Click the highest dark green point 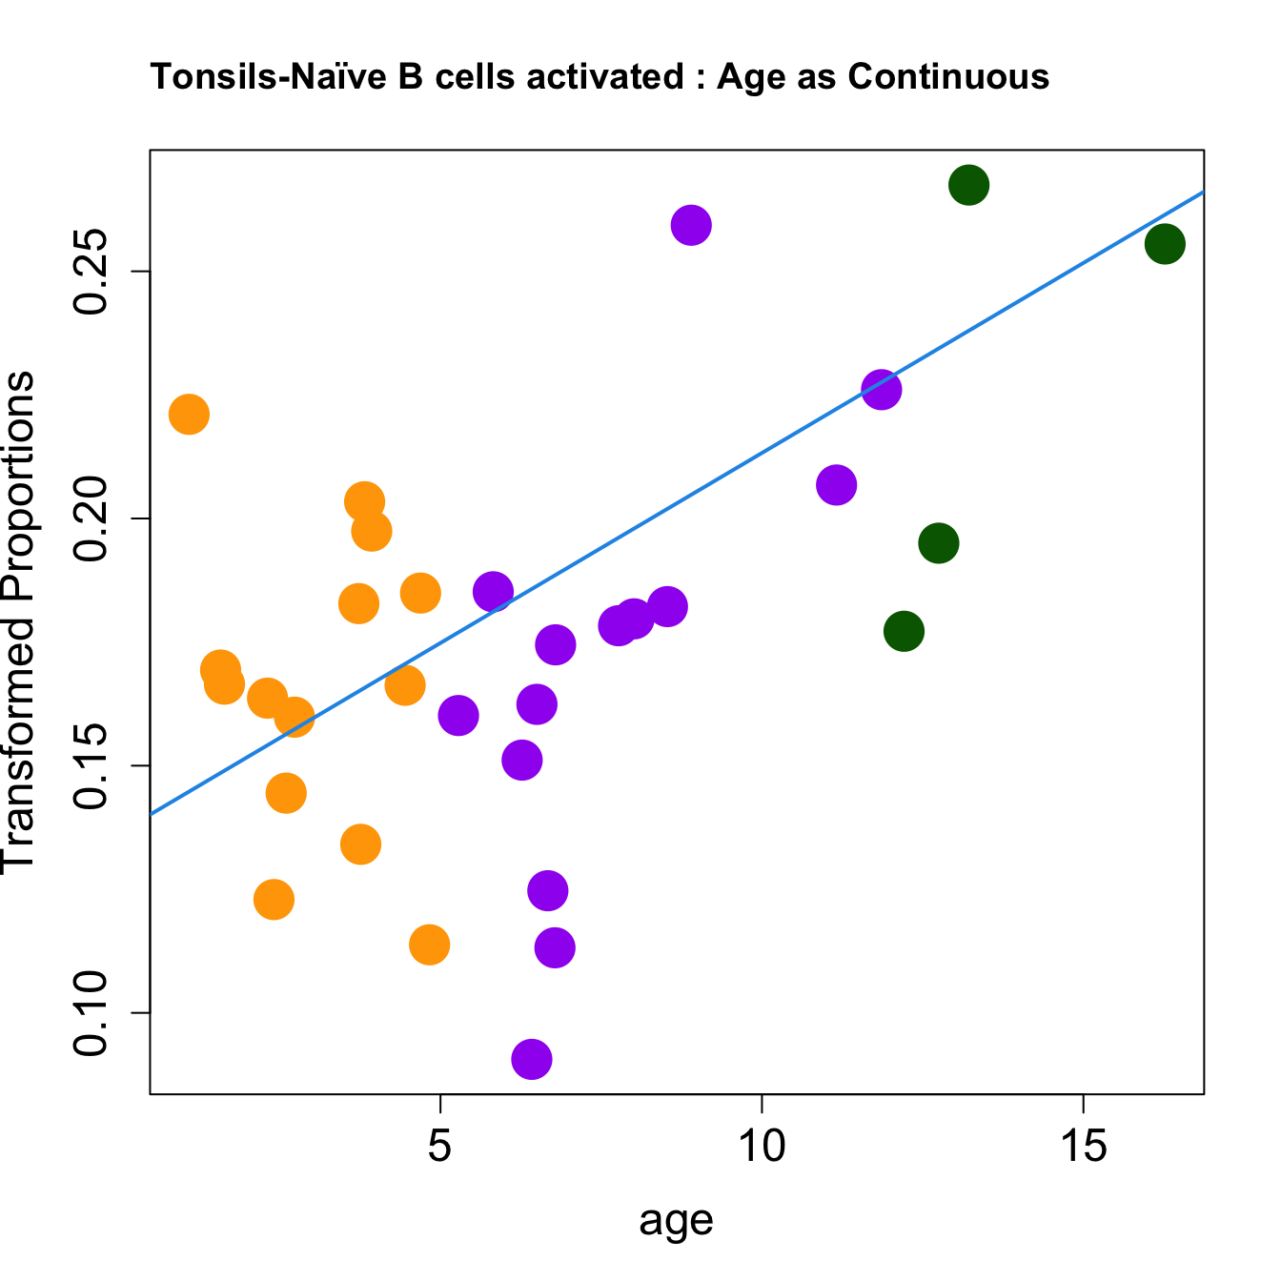[968, 185]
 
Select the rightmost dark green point [1165, 244]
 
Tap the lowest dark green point [904, 631]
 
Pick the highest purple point [691, 225]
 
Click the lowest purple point [532, 1059]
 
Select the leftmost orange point [189, 414]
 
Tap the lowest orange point [429, 945]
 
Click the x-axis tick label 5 [439, 1148]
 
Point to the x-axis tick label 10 [762, 1148]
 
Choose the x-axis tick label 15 [1084, 1148]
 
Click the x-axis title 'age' [676, 1221]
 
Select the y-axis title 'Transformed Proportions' [19, 620]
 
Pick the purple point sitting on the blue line [882, 389]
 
